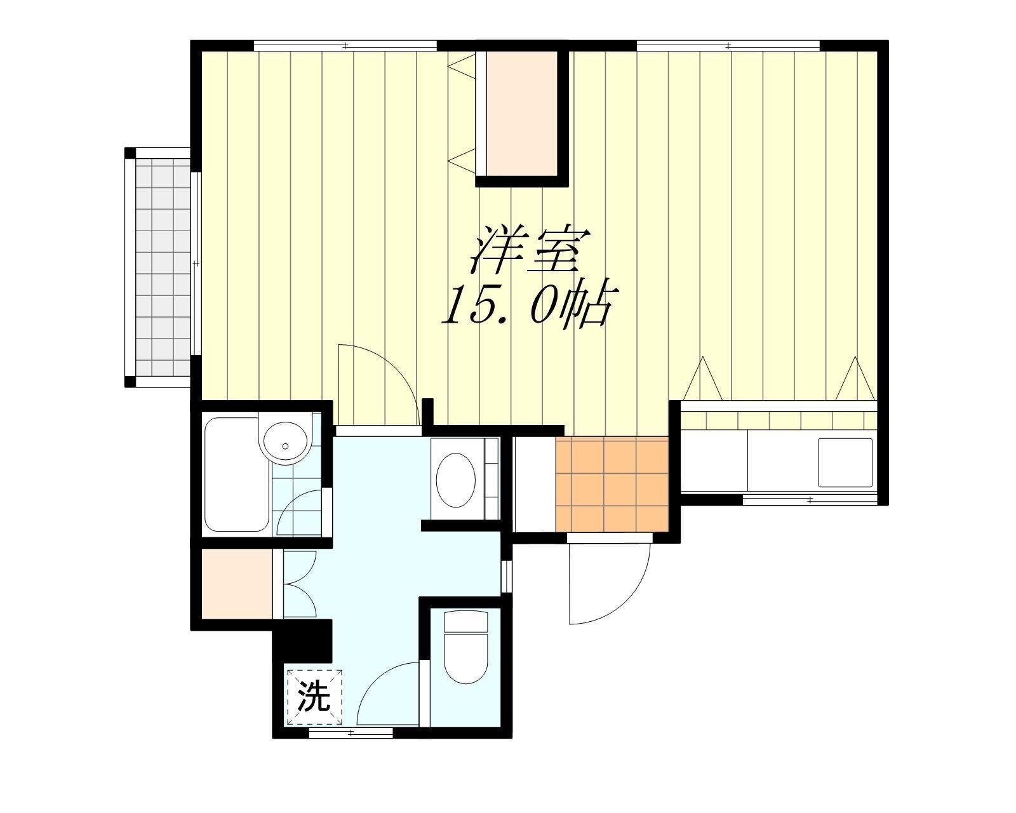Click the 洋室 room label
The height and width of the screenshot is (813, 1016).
click(x=530, y=251)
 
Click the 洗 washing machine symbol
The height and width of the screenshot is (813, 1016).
click(x=314, y=697)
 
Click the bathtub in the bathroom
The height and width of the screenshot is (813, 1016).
click(x=236, y=474)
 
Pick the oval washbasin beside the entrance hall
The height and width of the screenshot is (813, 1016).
click(x=455, y=480)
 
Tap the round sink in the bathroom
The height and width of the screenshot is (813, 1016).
click(x=285, y=440)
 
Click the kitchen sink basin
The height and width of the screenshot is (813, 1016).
click(x=845, y=463)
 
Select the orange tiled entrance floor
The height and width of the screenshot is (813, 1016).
click(x=612, y=484)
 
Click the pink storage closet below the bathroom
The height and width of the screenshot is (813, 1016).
click(x=237, y=584)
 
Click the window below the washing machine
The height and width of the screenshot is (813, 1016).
click(x=351, y=733)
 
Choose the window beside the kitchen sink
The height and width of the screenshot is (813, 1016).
click(x=810, y=499)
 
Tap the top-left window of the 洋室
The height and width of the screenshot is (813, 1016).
click(x=345, y=46)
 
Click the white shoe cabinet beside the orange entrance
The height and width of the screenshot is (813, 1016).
click(x=535, y=484)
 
